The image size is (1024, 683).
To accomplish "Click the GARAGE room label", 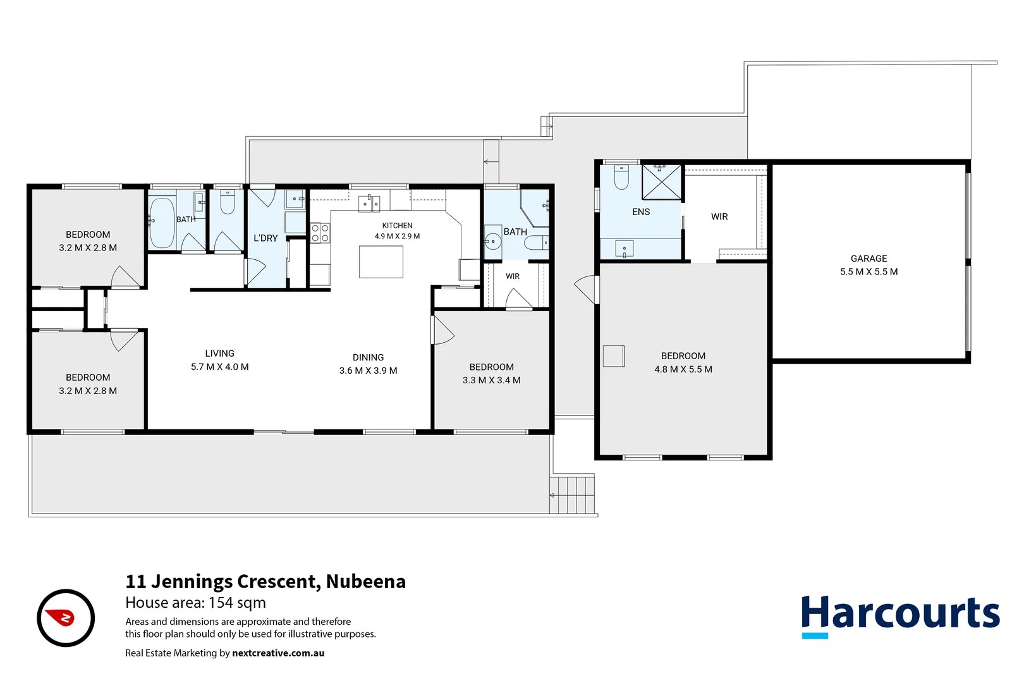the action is click(869, 259).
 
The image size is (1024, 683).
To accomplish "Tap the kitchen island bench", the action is click(381, 262).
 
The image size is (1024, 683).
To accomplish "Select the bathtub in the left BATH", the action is click(161, 223).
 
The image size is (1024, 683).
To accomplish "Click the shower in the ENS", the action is click(661, 182).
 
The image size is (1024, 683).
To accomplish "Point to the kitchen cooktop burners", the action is click(320, 232).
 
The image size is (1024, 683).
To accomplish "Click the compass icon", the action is click(66, 618).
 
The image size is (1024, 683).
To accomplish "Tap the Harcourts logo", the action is click(901, 616).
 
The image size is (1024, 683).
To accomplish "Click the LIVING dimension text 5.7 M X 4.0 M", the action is click(220, 367).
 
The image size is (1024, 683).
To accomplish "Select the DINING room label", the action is click(368, 357).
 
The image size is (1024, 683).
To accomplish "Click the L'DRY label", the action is click(265, 238).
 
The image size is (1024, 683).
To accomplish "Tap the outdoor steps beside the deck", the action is click(572, 495).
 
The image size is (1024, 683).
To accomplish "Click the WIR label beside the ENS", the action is click(719, 216).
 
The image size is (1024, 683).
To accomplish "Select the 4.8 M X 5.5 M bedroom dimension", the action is click(683, 369).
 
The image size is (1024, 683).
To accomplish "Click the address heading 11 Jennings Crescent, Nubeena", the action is click(265, 581).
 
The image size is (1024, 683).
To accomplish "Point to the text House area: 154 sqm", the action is click(196, 603).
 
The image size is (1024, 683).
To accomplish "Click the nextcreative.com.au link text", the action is click(278, 653).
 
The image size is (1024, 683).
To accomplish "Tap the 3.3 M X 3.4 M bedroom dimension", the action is click(491, 380).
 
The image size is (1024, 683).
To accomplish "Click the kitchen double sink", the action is click(369, 203).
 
